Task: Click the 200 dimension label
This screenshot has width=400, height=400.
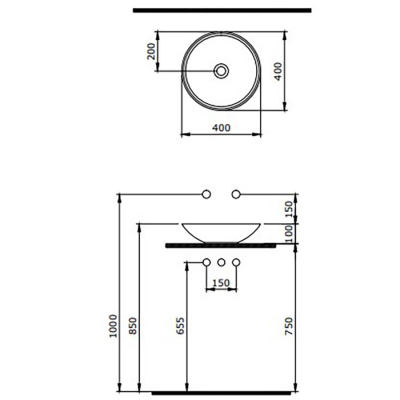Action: [152, 52]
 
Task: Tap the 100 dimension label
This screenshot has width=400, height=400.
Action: [289, 232]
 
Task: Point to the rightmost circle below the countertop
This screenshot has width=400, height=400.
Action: [236, 262]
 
